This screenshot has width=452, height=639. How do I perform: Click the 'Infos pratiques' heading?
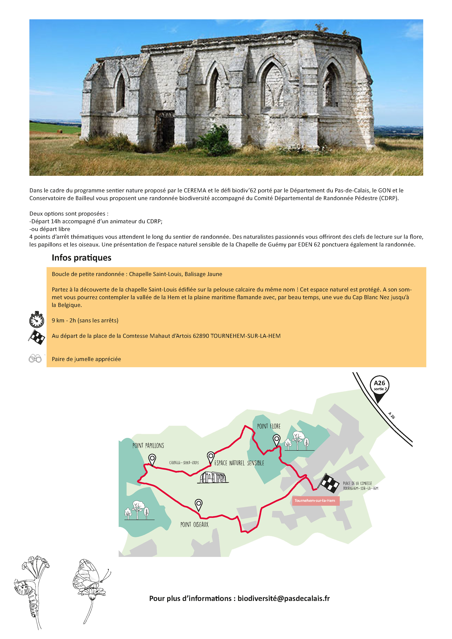81,258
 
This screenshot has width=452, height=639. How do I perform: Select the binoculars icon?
35,359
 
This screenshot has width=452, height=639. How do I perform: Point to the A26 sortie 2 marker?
379,387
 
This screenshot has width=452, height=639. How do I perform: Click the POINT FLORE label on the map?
268,426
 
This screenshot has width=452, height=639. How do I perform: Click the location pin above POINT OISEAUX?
198,504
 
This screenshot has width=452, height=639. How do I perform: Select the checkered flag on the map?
329,483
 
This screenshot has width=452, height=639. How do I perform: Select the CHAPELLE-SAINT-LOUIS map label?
184,463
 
